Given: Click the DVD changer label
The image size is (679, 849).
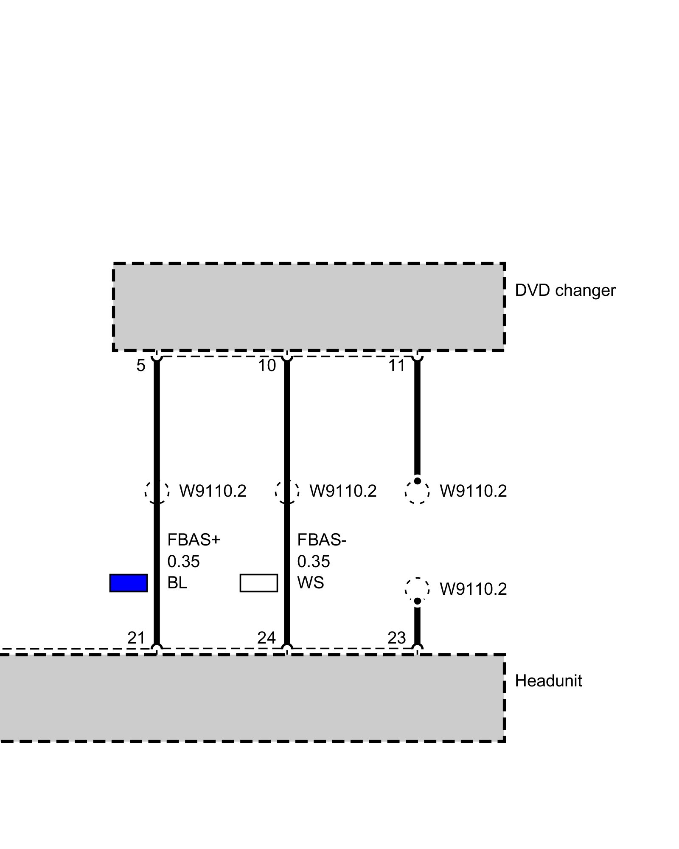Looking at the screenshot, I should [564, 291].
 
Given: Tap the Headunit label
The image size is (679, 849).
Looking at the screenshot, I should [548, 681].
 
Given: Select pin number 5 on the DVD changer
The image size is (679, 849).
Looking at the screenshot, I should [141, 365].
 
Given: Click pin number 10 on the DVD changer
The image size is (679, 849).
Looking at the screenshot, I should [267, 365].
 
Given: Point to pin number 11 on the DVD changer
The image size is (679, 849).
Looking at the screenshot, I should [397, 365].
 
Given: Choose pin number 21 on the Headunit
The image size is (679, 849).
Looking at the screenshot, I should [136, 638].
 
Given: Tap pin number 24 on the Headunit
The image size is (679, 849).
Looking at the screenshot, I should [267, 638].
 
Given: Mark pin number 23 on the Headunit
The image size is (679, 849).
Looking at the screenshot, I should [397, 638].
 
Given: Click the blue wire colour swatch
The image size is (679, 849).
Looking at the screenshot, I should [129, 583].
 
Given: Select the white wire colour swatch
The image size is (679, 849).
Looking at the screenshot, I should [259, 583].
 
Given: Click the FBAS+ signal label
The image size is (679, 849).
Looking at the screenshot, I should [194, 540].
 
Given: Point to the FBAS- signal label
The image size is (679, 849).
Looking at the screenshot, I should [322, 540].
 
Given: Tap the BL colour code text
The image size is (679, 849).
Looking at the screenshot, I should [177, 583].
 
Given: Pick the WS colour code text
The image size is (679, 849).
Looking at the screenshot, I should [311, 583].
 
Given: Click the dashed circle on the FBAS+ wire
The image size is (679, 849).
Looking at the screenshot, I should [157, 492].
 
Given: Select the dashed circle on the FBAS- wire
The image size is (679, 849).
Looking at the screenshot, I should [287, 492].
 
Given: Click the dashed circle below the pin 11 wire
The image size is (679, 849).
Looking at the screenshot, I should [417, 492].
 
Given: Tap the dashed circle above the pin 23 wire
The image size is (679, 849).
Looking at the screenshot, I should [417, 589].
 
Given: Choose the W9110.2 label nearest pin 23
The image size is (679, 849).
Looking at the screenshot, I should [473, 589].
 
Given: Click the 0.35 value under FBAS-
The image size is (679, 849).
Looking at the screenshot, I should [314, 562].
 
